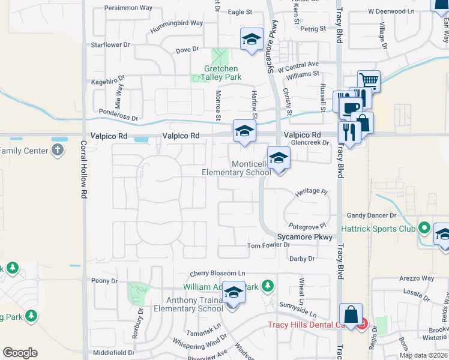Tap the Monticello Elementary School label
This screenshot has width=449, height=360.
point(236,169)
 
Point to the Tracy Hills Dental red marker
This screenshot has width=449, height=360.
point(361,326)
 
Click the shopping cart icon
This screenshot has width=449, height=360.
point(369,80)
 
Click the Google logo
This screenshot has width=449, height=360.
point(20,353)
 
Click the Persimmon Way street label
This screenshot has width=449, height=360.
point(128,8)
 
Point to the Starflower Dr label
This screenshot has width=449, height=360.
point(110,45)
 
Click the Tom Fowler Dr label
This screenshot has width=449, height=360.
point(268,245)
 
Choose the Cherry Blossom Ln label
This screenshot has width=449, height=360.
point(218,273)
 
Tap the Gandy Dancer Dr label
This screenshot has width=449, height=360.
point(372,215)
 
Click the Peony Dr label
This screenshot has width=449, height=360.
point(104,281)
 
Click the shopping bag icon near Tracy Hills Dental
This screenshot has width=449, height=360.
point(350,314)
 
